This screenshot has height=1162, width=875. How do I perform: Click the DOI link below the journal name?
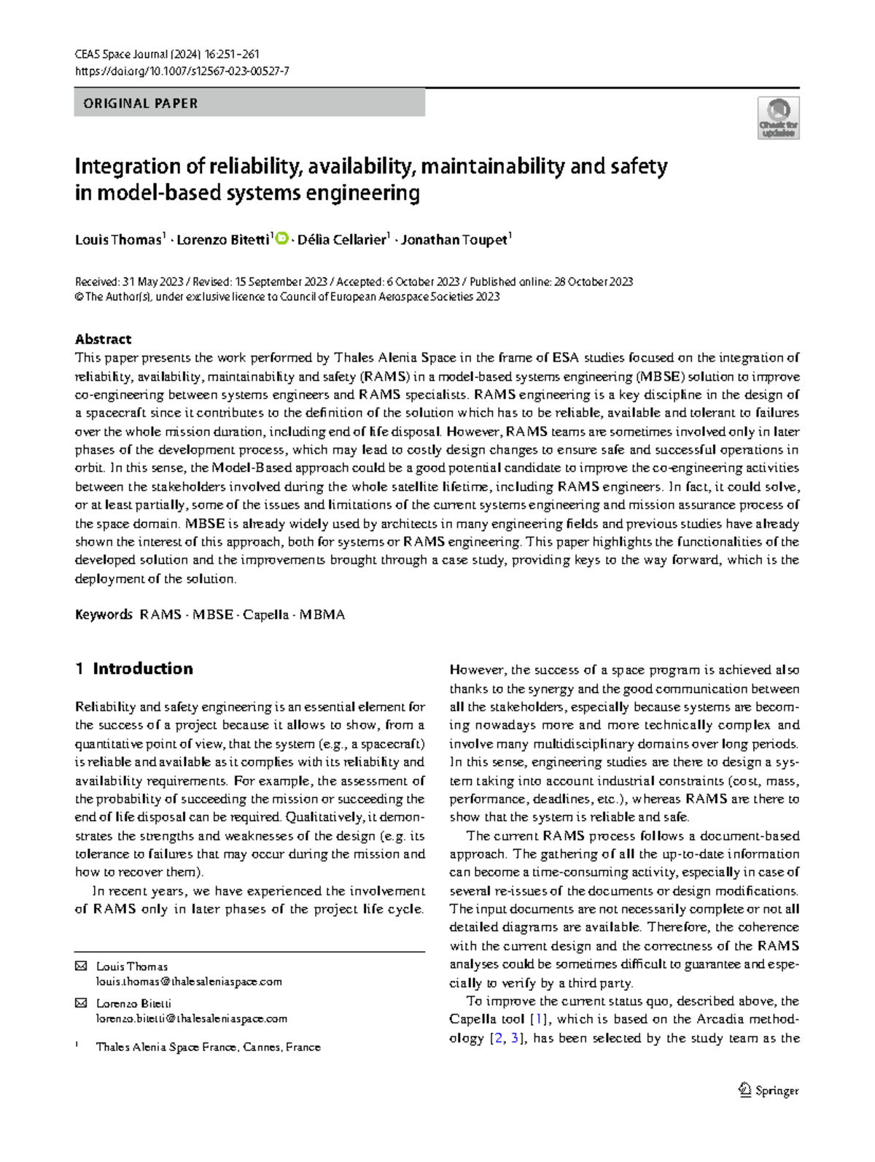(182, 71)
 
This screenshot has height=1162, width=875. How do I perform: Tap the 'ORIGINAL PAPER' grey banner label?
(141, 104)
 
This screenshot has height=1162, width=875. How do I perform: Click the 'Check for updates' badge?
(779, 118)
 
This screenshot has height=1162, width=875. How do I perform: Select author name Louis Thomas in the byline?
(118, 240)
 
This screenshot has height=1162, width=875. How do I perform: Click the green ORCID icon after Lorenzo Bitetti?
(282, 239)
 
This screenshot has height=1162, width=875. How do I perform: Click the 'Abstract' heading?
(103, 339)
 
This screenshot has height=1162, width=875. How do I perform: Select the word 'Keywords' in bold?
(104, 615)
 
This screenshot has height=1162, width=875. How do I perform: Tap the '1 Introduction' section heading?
(134, 669)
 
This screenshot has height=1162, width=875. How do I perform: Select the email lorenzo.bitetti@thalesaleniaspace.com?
(192, 1019)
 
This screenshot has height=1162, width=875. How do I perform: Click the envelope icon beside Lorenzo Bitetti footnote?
(80, 1004)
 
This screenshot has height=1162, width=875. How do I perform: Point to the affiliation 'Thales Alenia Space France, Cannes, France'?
(208, 1047)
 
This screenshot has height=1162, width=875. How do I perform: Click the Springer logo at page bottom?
(769, 1091)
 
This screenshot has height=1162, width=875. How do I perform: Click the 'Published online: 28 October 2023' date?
(551, 282)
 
